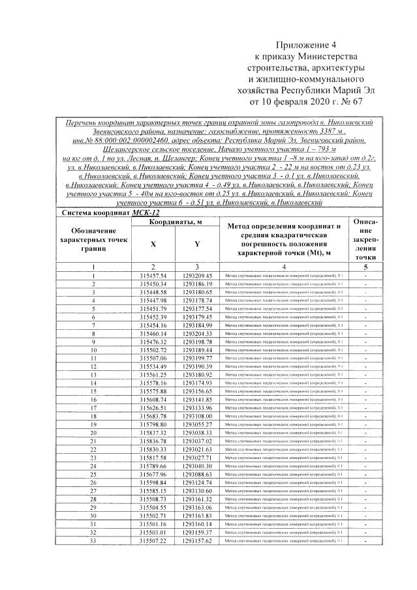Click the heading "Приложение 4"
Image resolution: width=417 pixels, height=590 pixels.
[x=305, y=46]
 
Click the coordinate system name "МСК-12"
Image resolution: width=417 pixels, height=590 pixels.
[x=145, y=213]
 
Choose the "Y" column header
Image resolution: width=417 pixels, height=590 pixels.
[x=196, y=244]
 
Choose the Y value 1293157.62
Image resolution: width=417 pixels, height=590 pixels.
[x=197, y=540]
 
